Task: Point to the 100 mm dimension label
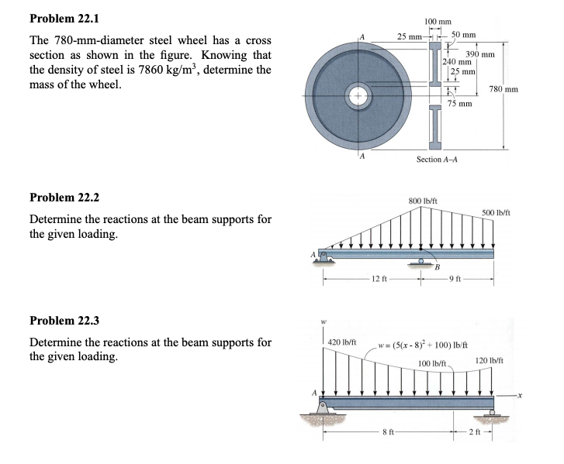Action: pos(438,21)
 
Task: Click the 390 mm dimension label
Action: pos(479,54)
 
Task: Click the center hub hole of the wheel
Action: pos(358,95)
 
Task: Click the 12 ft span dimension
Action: pos(374,278)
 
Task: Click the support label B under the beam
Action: pos(438,267)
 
